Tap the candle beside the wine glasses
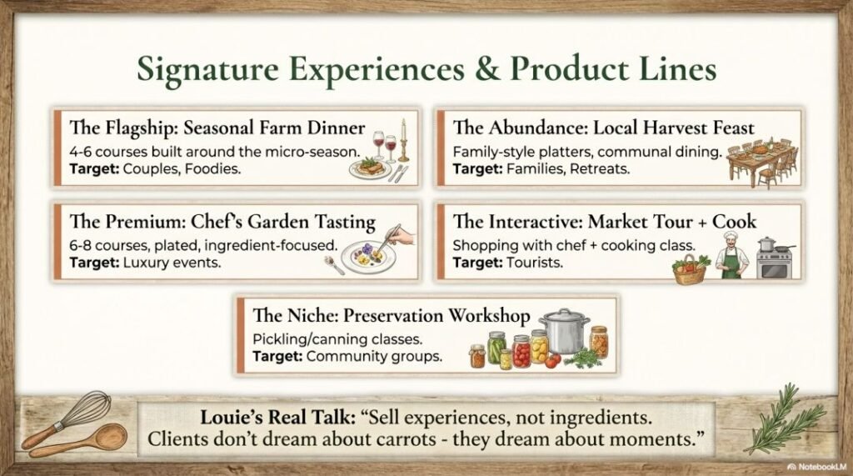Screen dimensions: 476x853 [x=404, y=140]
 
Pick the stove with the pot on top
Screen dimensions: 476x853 [x=775, y=258]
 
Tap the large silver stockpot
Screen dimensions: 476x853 [x=564, y=331]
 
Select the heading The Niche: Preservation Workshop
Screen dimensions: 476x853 [x=391, y=316]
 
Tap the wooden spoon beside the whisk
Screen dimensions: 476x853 [x=80, y=440]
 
